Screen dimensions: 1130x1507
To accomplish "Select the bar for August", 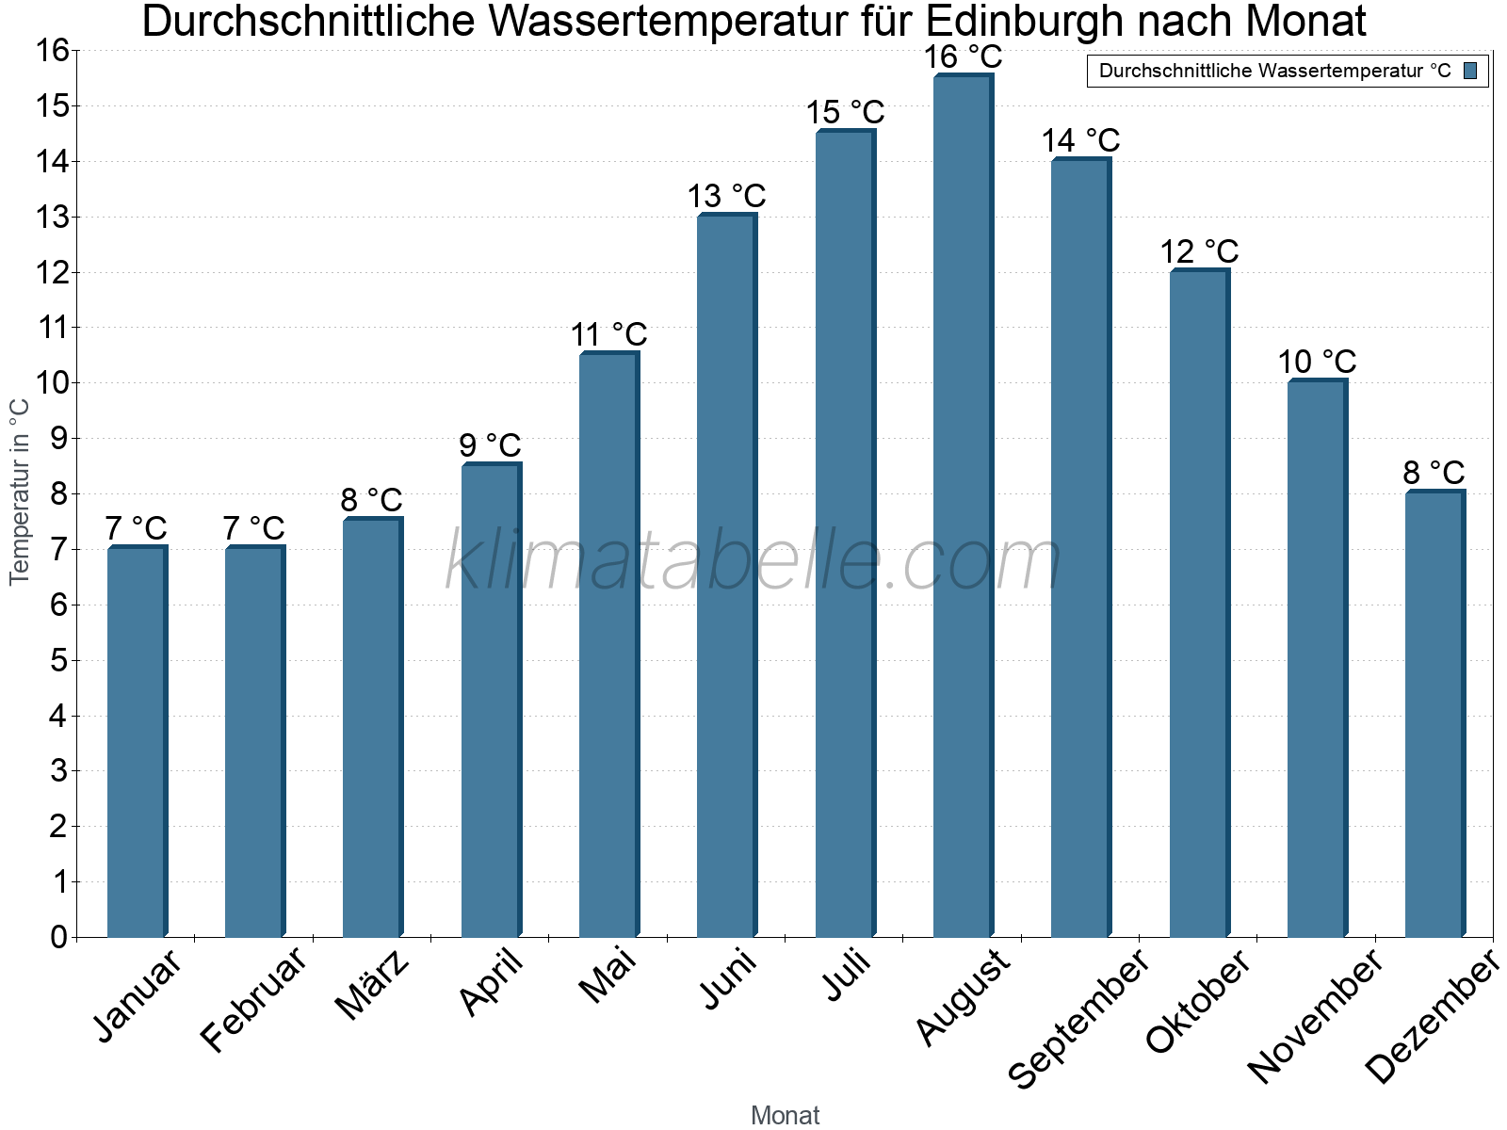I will coord(963,508).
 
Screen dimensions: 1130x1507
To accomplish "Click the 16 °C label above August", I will coord(963,56).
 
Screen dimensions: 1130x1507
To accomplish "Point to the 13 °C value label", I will coord(726,196).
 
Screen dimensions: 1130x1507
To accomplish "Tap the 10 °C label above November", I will coord(1317,362).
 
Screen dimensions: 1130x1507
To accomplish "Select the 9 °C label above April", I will coord(490,444).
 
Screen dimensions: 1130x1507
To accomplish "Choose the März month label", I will coord(373,985).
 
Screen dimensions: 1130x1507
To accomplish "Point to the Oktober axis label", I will coord(1198,1002).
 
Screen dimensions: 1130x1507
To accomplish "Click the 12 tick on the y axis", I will coord(53,273).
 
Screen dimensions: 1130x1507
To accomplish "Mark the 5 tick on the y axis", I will coord(59,661).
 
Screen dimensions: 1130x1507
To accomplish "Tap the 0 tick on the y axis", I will coord(59,937).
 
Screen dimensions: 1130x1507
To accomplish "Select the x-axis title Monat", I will coord(785,1116).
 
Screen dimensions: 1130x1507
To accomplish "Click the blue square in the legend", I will coord(1470,71).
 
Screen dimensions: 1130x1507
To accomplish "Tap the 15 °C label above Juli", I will coord(845,112).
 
